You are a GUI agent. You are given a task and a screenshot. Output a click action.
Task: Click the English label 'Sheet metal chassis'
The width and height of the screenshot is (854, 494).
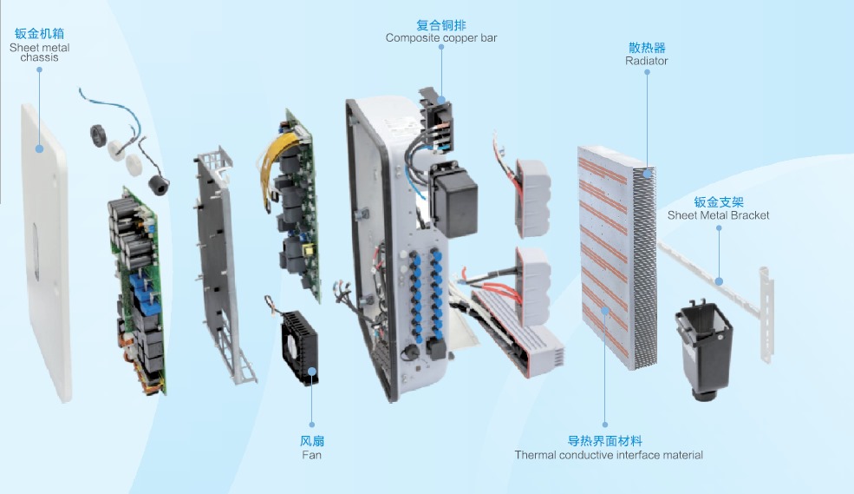coord(39,52)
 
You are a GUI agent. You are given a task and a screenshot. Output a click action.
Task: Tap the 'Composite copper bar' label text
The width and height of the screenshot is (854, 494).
coord(441,38)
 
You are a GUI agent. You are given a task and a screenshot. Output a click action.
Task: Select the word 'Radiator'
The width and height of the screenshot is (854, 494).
coord(647,61)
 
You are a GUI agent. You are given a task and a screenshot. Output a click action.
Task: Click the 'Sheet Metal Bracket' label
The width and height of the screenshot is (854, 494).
coord(719,215)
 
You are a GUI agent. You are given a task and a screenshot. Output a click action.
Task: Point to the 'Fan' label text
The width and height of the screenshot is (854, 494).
coord(311,455)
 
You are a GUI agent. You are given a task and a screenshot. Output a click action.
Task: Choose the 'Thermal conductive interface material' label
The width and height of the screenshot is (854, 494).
coord(609,455)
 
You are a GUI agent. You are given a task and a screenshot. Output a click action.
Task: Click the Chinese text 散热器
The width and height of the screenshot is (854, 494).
coord(647,48)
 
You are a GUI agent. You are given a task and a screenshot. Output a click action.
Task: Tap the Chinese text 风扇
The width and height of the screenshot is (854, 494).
coord(312,440)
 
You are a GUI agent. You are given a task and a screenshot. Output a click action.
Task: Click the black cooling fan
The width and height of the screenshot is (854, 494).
coord(300,347)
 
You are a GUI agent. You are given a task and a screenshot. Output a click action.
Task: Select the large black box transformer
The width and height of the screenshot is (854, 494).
coord(453,200)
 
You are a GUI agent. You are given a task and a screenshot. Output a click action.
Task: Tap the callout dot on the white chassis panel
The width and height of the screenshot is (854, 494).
coord(39,148)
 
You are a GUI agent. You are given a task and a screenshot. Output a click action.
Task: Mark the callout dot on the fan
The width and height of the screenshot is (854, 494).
coord(311,372)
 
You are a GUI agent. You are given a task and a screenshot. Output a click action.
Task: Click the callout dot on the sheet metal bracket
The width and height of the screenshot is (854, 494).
coord(719,281)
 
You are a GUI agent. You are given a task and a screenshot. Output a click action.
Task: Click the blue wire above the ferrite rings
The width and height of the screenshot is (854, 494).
coord(109,106)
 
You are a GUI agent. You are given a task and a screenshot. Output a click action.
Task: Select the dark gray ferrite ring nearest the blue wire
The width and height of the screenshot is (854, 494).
coord(100,135)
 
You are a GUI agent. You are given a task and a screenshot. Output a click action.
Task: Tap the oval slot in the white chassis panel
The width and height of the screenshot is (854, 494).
coord(35,251)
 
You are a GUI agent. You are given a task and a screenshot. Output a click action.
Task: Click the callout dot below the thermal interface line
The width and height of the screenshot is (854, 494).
coord(605,425)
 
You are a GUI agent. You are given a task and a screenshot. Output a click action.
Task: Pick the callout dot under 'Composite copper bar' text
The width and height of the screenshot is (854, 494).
coord(441,47)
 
